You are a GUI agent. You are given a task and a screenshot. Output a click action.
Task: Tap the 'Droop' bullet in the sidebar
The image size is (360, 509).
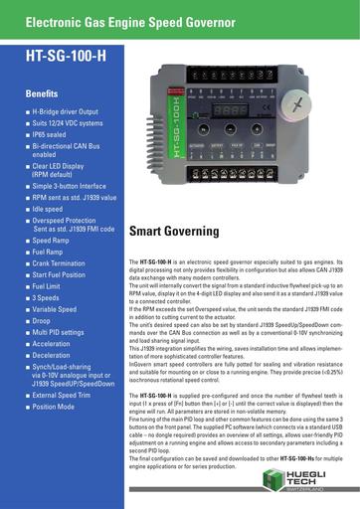[45, 320]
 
